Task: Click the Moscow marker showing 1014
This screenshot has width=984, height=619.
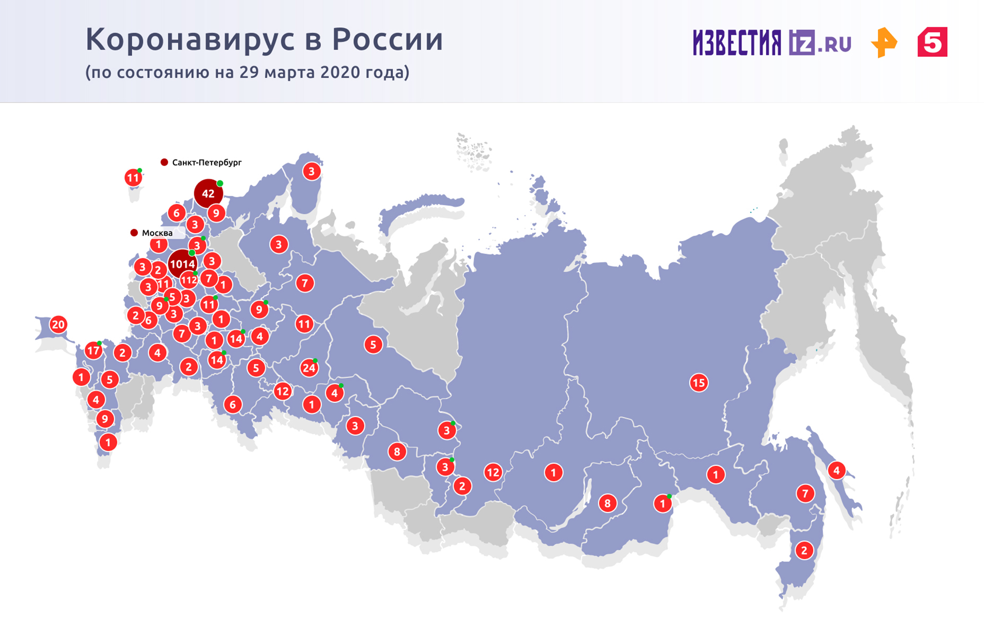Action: [x=182, y=264]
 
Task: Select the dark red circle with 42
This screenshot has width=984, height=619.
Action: [x=208, y=194]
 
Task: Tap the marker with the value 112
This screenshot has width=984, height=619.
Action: [x=189, y=280]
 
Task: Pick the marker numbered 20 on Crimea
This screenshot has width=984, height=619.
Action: [x=58, y=324]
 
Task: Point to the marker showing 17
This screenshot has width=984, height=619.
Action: [x=93, y=351]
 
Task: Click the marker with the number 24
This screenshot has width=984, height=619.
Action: [x=309, y=368]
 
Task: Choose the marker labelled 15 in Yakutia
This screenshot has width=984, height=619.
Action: [x=699, y=383]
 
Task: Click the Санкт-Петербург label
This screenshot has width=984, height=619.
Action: [x=207, y=162]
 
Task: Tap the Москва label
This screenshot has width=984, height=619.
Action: [x=157, y=233]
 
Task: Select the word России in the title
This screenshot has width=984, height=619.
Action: [x=387, y=39]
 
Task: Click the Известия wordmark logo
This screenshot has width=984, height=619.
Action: [x=737, y=43]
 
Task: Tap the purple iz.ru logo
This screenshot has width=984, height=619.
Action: [x=820, y=43]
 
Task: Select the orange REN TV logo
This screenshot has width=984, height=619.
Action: [x=884, y=43]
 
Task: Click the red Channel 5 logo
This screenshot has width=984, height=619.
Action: [x=932, y=42]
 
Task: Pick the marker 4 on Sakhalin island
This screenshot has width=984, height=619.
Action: [x=836, y=470]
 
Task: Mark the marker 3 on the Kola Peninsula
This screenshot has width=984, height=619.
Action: [x=312, y=171]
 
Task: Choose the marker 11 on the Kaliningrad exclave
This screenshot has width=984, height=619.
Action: [x=133, y=178]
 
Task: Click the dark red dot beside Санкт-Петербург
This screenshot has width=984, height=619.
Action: [x=165, y=162]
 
